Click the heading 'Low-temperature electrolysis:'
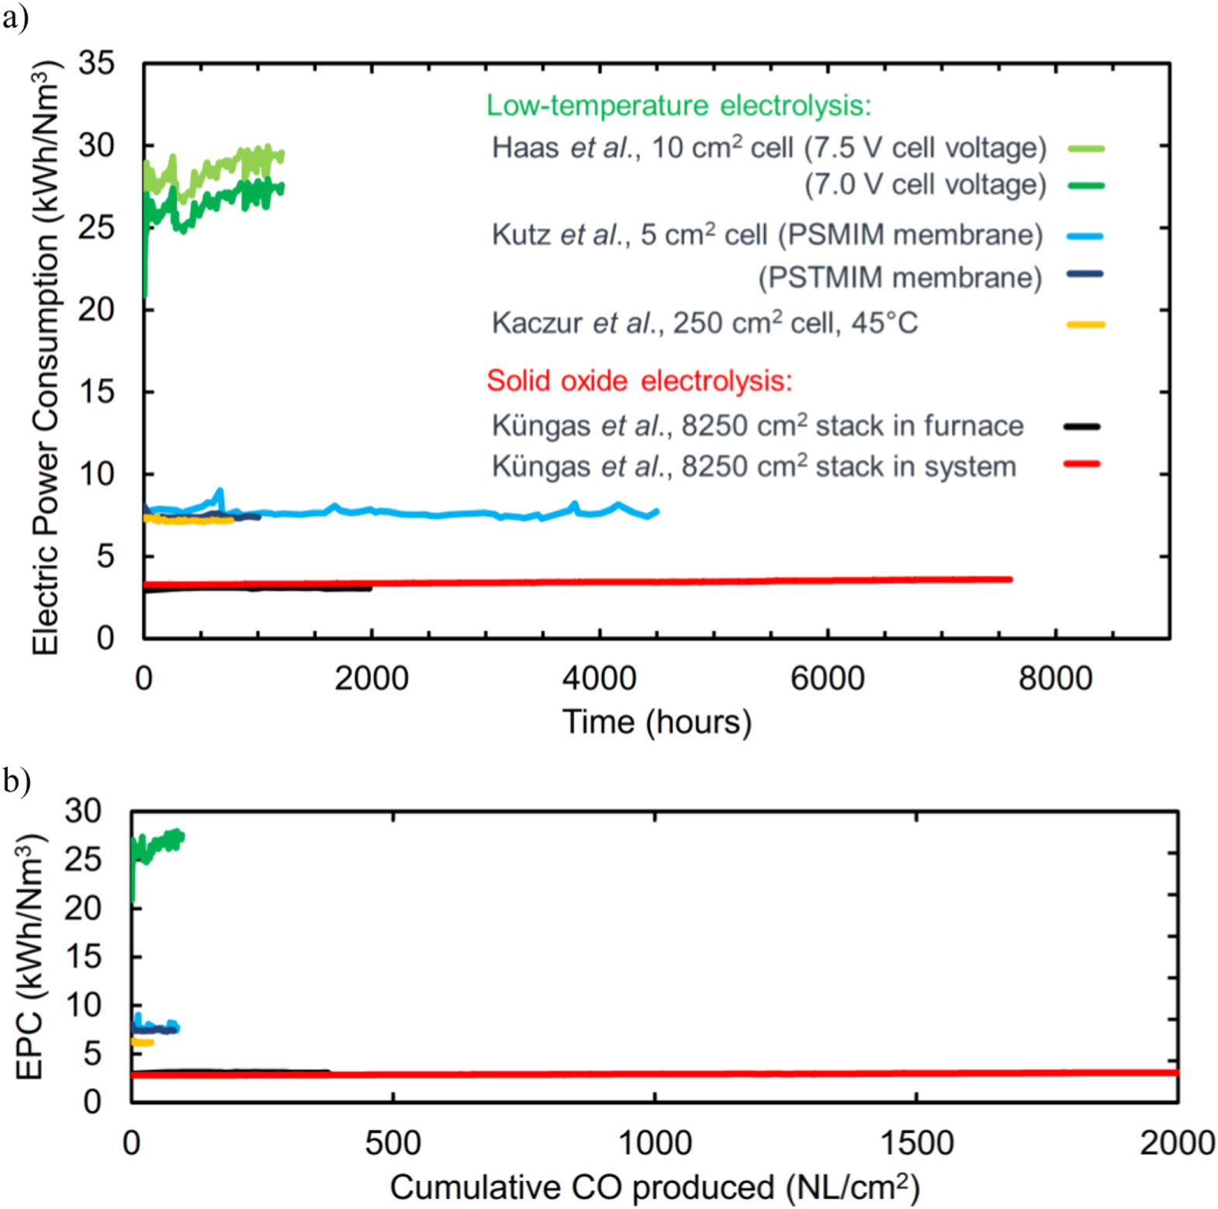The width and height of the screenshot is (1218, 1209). click(678, 106)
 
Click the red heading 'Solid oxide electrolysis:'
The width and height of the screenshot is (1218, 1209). click(639, 381)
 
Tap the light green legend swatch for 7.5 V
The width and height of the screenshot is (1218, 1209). click(1085, 148)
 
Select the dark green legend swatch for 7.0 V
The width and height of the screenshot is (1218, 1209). click(1085, 185)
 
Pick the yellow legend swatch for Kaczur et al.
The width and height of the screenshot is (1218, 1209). click(1085, 324)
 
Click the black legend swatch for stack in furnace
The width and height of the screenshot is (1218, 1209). click(1081, 426)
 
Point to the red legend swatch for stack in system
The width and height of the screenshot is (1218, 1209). click(1081, 464)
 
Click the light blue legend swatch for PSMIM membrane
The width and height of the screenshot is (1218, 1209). click(1085, 236)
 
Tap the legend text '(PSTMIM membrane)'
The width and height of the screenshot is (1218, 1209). click(900, 278)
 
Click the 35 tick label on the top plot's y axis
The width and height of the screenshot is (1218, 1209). click(96, 64)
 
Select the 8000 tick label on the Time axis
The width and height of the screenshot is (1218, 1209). click(1055, 678)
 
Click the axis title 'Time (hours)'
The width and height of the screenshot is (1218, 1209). click(656, 722)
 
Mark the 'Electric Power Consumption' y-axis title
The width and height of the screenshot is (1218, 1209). click(45, 357)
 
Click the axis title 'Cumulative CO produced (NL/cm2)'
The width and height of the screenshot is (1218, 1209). click(654, 1186)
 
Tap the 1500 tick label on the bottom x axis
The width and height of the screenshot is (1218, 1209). click(916, 1143)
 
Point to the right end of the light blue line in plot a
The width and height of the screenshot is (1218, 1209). click(656, 511)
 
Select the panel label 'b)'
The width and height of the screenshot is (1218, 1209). click(16, 780)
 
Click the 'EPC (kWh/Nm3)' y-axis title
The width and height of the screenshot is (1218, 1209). click(29, 956)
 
